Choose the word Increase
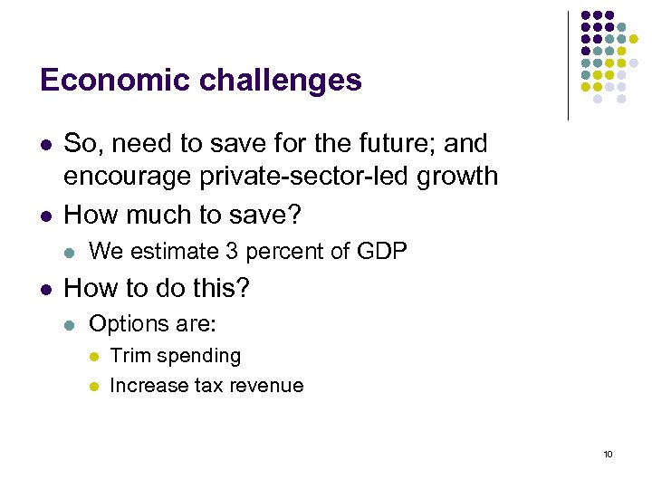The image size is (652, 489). (149, 386)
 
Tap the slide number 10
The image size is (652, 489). (608, 454)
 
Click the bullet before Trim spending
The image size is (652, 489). (92, 357)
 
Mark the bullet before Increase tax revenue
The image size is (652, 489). (92, 387)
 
